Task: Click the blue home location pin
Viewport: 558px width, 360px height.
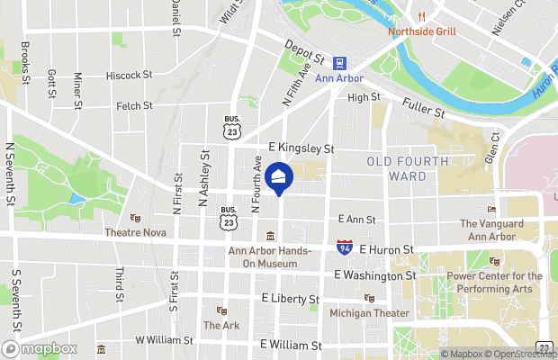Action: click(x=279, y=178)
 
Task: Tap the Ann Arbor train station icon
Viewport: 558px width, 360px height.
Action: click(x=340, y=63)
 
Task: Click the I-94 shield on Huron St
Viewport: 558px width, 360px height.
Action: click(x=345, y=247)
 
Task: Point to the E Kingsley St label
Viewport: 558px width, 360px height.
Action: click(x=301, y=148)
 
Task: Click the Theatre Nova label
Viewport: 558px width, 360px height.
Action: click(x=135, y=231)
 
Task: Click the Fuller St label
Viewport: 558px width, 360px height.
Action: click(x=424, y=109)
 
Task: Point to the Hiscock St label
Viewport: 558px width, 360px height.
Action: click(x=129, y=76)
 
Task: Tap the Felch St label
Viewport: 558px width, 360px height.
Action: click(x=135, y=106)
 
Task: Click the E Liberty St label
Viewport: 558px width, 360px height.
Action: click(x=290, y=298)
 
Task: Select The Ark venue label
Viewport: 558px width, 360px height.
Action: click(x=220, y=325)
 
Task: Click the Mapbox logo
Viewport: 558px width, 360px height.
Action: click(x=40, y=349)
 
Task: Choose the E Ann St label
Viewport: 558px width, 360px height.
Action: click(x=356, y=219)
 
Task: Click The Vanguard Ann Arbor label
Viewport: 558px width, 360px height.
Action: click(x=491, y=230)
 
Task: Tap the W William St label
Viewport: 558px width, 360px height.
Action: click(x=164, y=341)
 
